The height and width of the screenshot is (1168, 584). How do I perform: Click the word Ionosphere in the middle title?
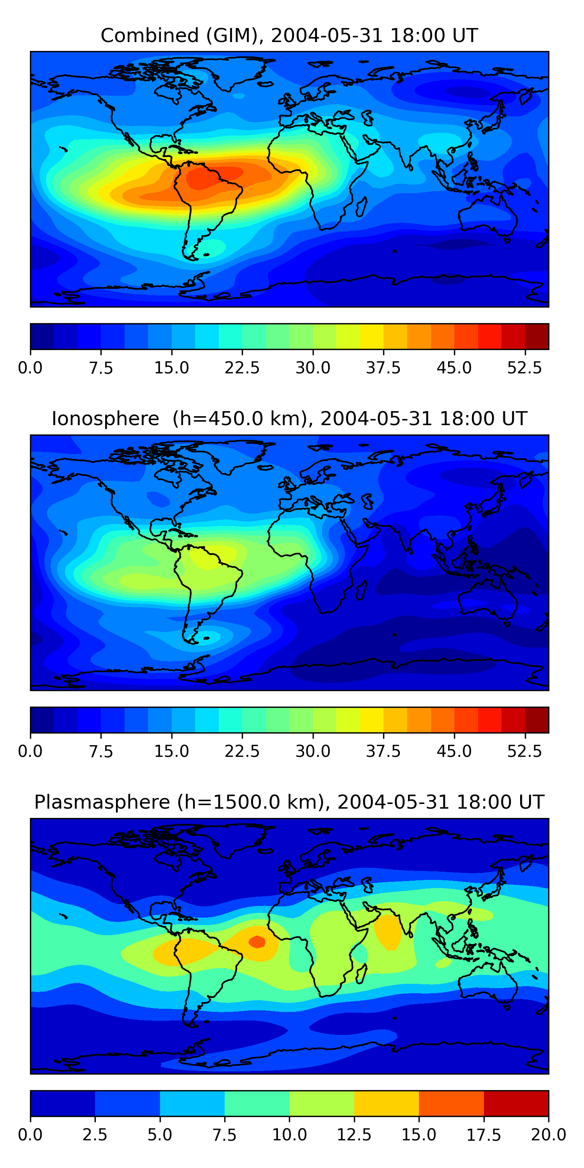pyautogui.click(x=105, y=419)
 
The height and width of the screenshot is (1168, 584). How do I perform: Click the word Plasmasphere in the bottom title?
pyautogui.click(x=102, y=802)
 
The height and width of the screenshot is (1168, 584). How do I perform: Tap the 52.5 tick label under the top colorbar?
pyautogui.click(x=524, y=368)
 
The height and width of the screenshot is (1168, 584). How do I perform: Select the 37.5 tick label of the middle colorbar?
pyautogui.click(x=383, y=751)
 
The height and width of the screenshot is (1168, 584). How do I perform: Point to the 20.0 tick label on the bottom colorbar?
pyautogui.click(x=548, y=1135)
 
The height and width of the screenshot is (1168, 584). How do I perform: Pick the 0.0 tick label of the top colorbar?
pyautogui.click(x=30, y=368)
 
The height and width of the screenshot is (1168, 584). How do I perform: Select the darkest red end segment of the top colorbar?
pyautogui.click(x=537, y=336)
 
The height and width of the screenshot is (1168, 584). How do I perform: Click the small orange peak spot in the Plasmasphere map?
pyautogui.click(x=257, y=942)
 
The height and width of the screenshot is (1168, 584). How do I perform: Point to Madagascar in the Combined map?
pyautogui.click(x=361, y=207)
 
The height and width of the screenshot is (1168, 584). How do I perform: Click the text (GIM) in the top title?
pyautogui.click(x=232, y=35)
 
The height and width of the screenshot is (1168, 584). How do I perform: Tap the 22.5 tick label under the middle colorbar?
pyautogui.click(x=242, y=751)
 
